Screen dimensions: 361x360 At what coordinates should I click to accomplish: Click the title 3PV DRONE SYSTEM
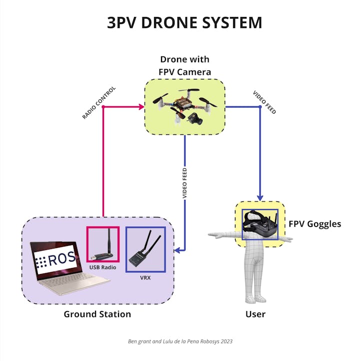(x=184, y=22)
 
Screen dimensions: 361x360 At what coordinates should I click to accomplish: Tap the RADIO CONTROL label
(x=99, y=103)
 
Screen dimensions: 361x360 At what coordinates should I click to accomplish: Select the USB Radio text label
(x=102, y=267)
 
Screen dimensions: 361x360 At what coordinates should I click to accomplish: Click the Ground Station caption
(x=97, y=314)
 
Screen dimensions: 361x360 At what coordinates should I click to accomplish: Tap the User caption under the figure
(x=255, y=314)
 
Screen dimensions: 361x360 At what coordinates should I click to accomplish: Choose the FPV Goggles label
(x=314, y=223)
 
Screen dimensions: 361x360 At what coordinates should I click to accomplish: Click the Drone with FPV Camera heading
(x=184, y=66)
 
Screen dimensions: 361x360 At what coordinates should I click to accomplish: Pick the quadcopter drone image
(x=184, y=106)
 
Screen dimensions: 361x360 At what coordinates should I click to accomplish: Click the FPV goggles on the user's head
(x=260, y=223)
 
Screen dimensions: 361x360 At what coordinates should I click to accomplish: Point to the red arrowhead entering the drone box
(x=140, y=106)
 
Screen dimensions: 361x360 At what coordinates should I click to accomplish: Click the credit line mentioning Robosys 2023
(x=179, y=341)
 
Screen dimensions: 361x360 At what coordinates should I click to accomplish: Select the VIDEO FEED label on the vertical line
(x=184, y=183)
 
